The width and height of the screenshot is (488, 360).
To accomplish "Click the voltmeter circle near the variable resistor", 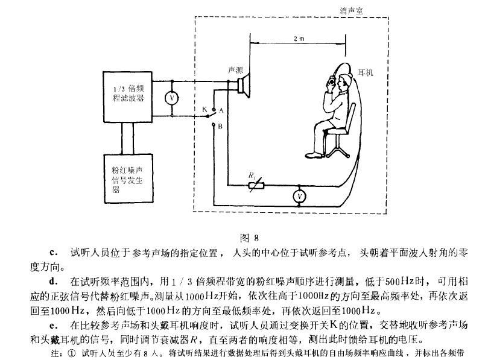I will click(x=296, y=196).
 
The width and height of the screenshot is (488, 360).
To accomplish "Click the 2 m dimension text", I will click(x=299, y=38).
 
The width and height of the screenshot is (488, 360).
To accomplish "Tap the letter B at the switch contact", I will click(x=220, y=127).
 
